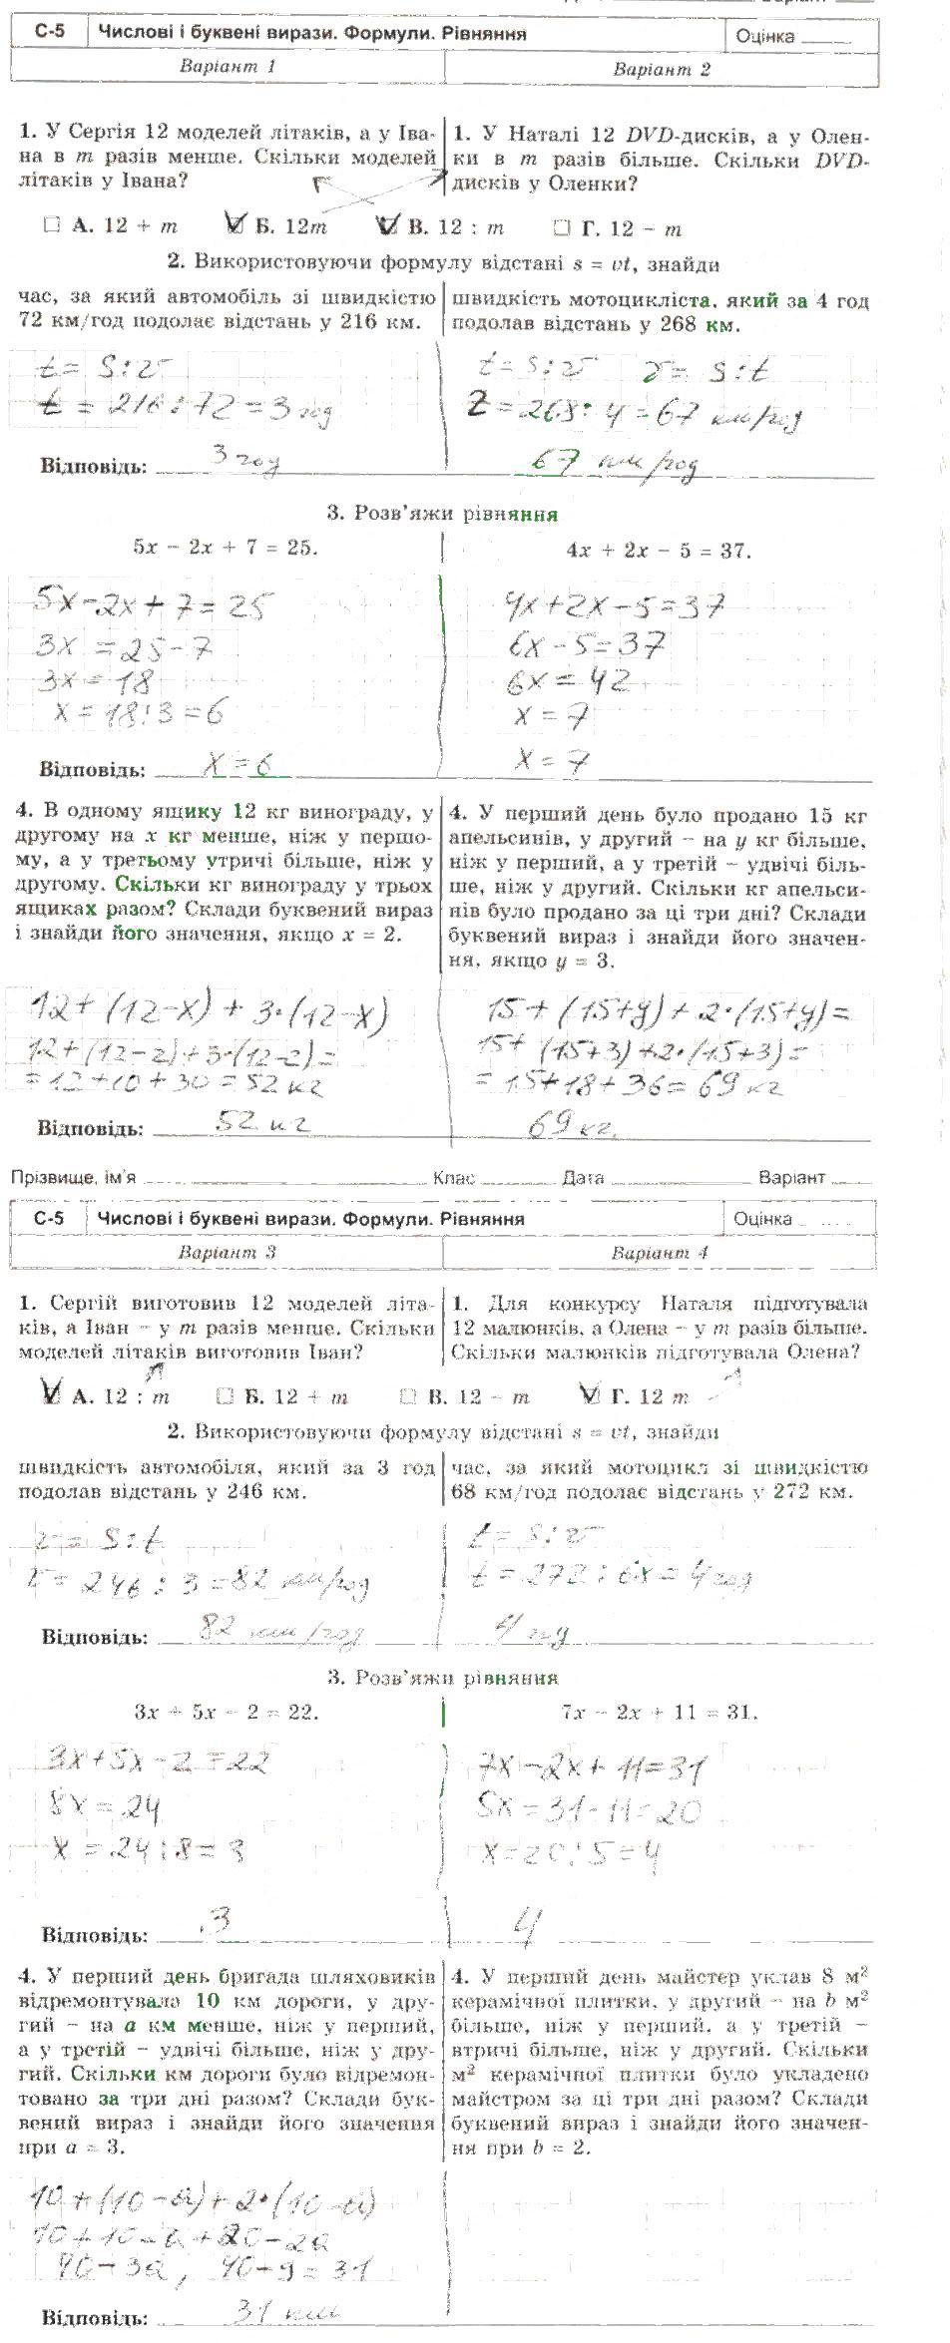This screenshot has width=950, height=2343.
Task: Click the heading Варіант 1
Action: coord(228,67)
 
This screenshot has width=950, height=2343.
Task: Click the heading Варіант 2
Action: coord(662,69)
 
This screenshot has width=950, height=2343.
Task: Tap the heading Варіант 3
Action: coord(228,1252)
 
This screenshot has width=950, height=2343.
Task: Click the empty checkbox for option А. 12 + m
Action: coord(52,226)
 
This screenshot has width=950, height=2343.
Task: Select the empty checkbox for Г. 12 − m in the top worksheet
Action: coord(561,228)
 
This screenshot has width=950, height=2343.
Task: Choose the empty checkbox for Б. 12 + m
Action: coord(225,1396)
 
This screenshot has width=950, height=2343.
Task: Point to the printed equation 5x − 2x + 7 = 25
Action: coord(226,547)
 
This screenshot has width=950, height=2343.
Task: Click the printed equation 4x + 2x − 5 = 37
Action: coord(659,550)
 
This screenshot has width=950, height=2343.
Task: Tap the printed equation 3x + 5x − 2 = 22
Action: coord(227,1712)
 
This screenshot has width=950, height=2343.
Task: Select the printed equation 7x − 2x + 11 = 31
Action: coord(659,1712)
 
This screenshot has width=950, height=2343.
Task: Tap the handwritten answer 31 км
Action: coord(285,2310)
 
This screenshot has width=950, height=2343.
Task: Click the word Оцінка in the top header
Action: coord(765,37)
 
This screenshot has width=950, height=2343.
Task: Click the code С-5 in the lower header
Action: coord(48,1218)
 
